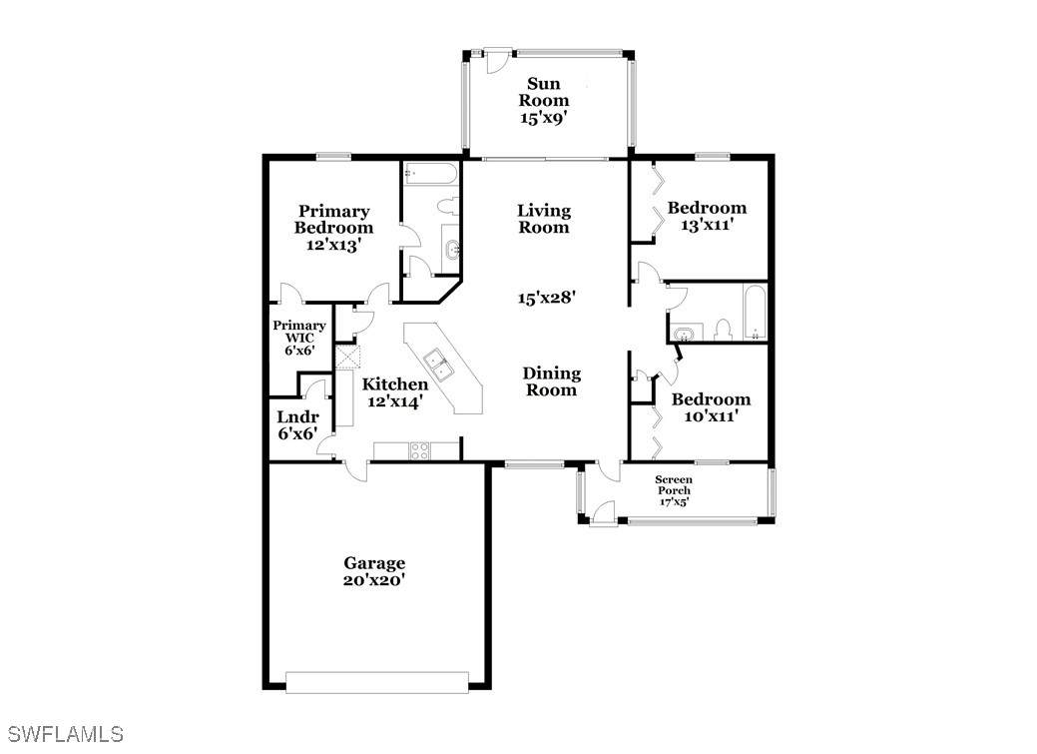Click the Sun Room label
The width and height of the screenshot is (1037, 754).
(x=544, y=92)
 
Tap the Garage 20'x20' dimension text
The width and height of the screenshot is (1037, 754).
(x=374, y=580)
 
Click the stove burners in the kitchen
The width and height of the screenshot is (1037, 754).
(x=418, y=450)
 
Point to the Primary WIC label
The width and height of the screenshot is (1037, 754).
(x=299, y=331)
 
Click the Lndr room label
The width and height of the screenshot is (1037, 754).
(x=297, y=417)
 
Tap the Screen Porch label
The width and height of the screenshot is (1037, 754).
(x=674, y=484)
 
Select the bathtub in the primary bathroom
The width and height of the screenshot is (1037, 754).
(x=430, y=174)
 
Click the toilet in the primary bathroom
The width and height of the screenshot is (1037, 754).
(x=448, y=205)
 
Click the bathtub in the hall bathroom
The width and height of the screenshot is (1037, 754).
(x=755, y=313)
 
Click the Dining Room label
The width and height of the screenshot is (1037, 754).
(x=552, y=381)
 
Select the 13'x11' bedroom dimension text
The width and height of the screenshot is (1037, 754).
(x=708, y=225)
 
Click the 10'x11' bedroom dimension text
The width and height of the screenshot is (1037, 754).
(x=711, y=416)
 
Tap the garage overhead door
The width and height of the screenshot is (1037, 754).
(x=377, y=682)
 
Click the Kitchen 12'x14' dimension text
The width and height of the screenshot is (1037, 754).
(x=395, y=401)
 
